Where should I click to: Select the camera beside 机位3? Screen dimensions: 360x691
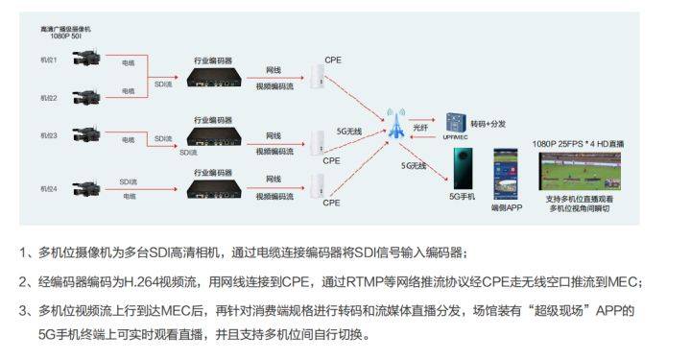pyautogui.click(x=81, y=135)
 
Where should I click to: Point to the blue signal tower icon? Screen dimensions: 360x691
pyautogui.click(x=396, y=122)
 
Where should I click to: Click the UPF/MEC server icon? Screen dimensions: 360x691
pyautogui.click(x=454, y=124)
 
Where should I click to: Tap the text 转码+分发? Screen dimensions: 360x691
pyautogui.click(x=489, y=125)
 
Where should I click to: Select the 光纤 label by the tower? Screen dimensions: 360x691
pyautogui.click(x=421, y=127)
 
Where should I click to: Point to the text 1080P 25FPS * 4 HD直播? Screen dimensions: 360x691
pyautogui.click(x=578, y=144)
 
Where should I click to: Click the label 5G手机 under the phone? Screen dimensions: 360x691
pyautogui.click(x=465, y=196)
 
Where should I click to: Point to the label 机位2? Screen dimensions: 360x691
pyautogui.click(x=49, y=98)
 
